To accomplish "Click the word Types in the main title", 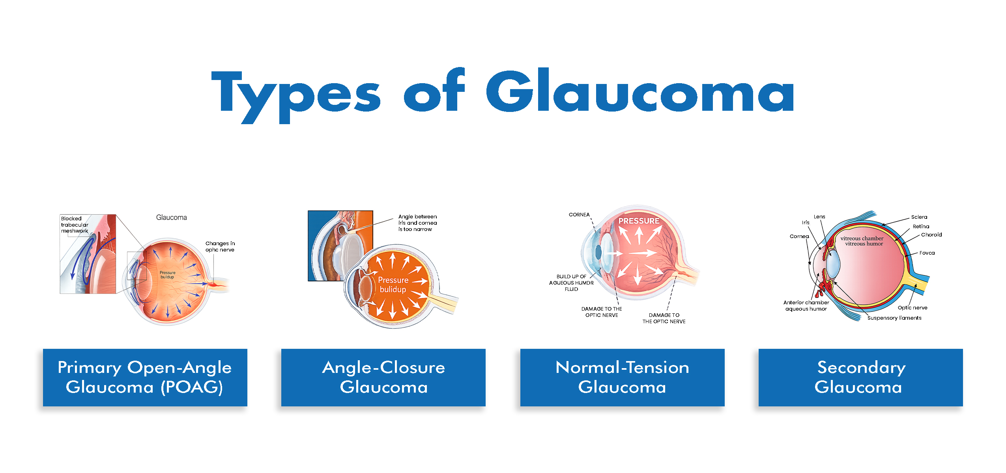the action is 296,97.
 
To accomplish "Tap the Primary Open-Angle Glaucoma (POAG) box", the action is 145,377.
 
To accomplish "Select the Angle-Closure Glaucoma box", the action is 383,377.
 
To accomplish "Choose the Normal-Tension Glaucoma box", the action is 622,377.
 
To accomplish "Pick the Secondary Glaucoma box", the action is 860,377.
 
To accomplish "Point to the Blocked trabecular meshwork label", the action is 75,225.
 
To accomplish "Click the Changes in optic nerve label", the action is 220,247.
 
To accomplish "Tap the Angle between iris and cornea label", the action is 417,223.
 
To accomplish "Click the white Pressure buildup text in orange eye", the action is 393,285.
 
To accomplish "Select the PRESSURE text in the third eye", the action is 639,221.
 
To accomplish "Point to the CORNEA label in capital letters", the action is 579,215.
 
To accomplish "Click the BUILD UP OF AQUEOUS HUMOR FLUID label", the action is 571,283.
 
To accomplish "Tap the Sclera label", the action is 919,217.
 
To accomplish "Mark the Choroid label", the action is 931,235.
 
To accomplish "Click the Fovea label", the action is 927,253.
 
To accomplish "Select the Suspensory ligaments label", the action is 894,318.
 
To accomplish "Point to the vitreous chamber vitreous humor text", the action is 862,241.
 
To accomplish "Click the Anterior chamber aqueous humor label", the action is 806,305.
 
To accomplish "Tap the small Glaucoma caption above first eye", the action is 172,218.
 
